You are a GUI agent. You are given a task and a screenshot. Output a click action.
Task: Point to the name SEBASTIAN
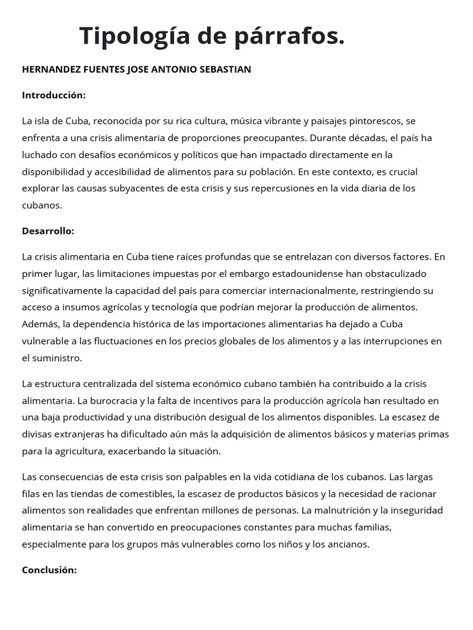tap(225, 70)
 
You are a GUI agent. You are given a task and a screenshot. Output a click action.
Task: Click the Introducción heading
tap(54, 95)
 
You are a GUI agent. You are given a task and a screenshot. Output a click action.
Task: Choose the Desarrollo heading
tap(48, 231)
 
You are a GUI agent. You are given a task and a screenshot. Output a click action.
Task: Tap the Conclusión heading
tap(49, 570)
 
